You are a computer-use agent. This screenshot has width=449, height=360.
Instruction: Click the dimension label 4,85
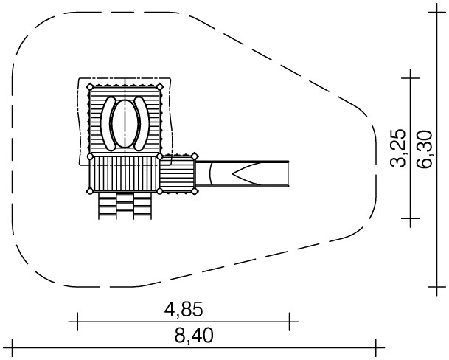tap(184, 310)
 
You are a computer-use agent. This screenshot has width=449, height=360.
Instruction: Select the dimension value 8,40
tap(194, 336)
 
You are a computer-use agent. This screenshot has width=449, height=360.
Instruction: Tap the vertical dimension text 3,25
tap(398, 148)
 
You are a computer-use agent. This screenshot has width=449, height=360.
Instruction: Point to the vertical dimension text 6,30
tap(425, 149)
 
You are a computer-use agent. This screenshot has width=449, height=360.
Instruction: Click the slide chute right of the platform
tap(243, 173)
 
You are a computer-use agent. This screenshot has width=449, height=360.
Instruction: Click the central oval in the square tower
tap(125, 123)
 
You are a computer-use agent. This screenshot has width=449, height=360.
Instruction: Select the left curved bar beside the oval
tap(108, 123)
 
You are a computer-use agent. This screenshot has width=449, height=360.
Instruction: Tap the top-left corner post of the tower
tap(90, 86)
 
